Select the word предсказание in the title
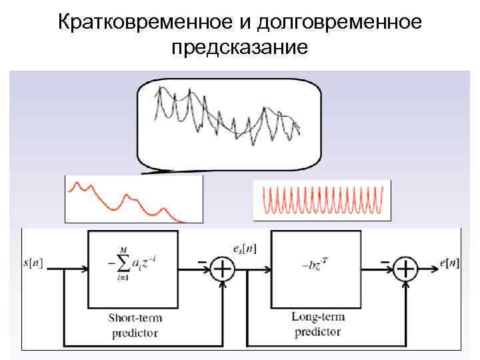click(239, 48)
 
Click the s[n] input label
click(33, 263)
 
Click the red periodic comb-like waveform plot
click(322, 201)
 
